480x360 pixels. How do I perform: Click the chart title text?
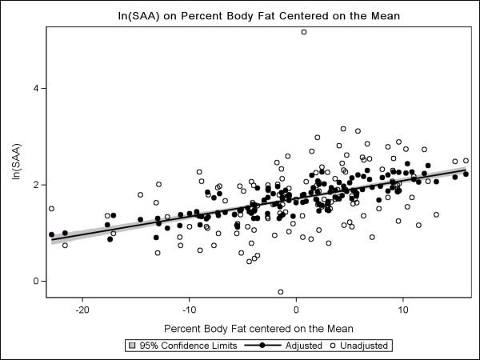click(256, 15)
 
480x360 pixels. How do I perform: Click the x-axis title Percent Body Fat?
click(257, 328)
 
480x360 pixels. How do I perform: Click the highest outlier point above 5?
click(304, 32)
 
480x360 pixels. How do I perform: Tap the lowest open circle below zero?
click(281, 292)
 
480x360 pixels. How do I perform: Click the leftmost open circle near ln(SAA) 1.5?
click(51, 209)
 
